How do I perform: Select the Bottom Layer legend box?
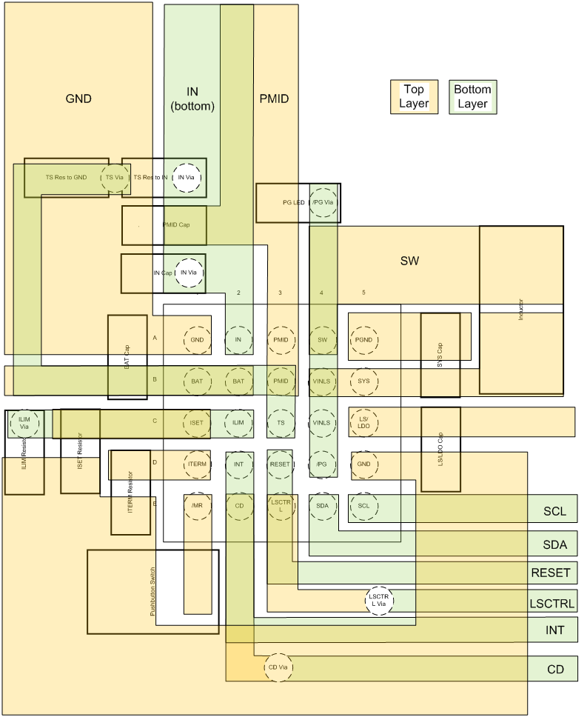[472, 96]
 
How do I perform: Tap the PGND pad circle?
[363, 340]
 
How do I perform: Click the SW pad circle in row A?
[322, 340]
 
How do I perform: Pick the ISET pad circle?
[196, 423]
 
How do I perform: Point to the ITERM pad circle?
[197, 464]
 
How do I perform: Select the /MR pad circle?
[197, 505]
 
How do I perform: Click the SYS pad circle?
[363, 381]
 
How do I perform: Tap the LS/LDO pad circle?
[363, 423]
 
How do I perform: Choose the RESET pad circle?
[281, 464]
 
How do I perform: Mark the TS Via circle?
[114, 178]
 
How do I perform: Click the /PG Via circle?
[323, 202]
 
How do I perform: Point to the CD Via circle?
[279, 667]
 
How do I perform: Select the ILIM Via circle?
[24, 423]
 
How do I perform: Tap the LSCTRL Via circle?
[380, 600]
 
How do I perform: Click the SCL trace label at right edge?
[555, 511]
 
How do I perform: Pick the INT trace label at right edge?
[555, 630]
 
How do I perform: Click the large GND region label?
[78, 99]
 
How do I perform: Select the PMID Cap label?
[176, 224]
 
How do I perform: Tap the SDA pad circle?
[322, 505]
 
